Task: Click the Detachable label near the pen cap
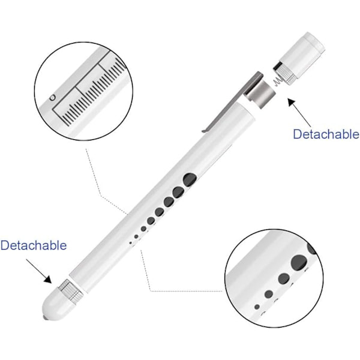pyautogui.click(x=326, y=134)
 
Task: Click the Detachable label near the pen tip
pyautogui.click(x=34, y=245)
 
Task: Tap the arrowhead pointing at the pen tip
pyautogui.click(x=48, y=279)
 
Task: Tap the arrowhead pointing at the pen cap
pyautogui.click(x=292, y=103)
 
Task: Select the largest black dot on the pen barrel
pyautogui.click(x=190, y=179)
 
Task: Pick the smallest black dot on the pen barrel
pyautogui.click(x=131, y=242)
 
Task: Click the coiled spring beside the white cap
pyautogui.click(x=278, y=81)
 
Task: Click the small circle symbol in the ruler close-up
pyautogui.click(x=53, y=98)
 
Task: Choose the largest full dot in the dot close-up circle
pyautogui.click(x=299, y=262)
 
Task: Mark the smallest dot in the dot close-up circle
pyautogui.click(x=257, y=307)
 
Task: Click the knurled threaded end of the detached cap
pyautogui.click(x=284, y=73)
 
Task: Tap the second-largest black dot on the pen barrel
pyautogui.click(x=179, y=192)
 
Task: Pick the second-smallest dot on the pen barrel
pyautogui.click(x=136, y=236)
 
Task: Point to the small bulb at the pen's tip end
pyautogui.click(x=44, y=318)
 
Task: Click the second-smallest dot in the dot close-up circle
pyautogui.click(x=269, y=294)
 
